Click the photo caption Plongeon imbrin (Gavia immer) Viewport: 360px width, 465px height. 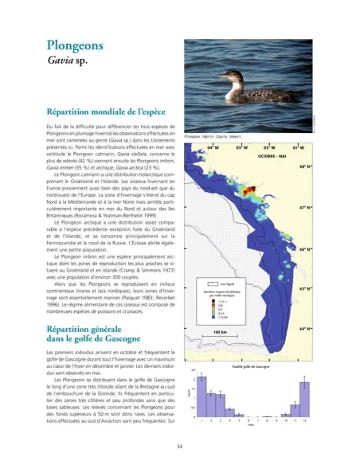pos(213,136)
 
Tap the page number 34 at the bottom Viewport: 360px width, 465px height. pos(180,447)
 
